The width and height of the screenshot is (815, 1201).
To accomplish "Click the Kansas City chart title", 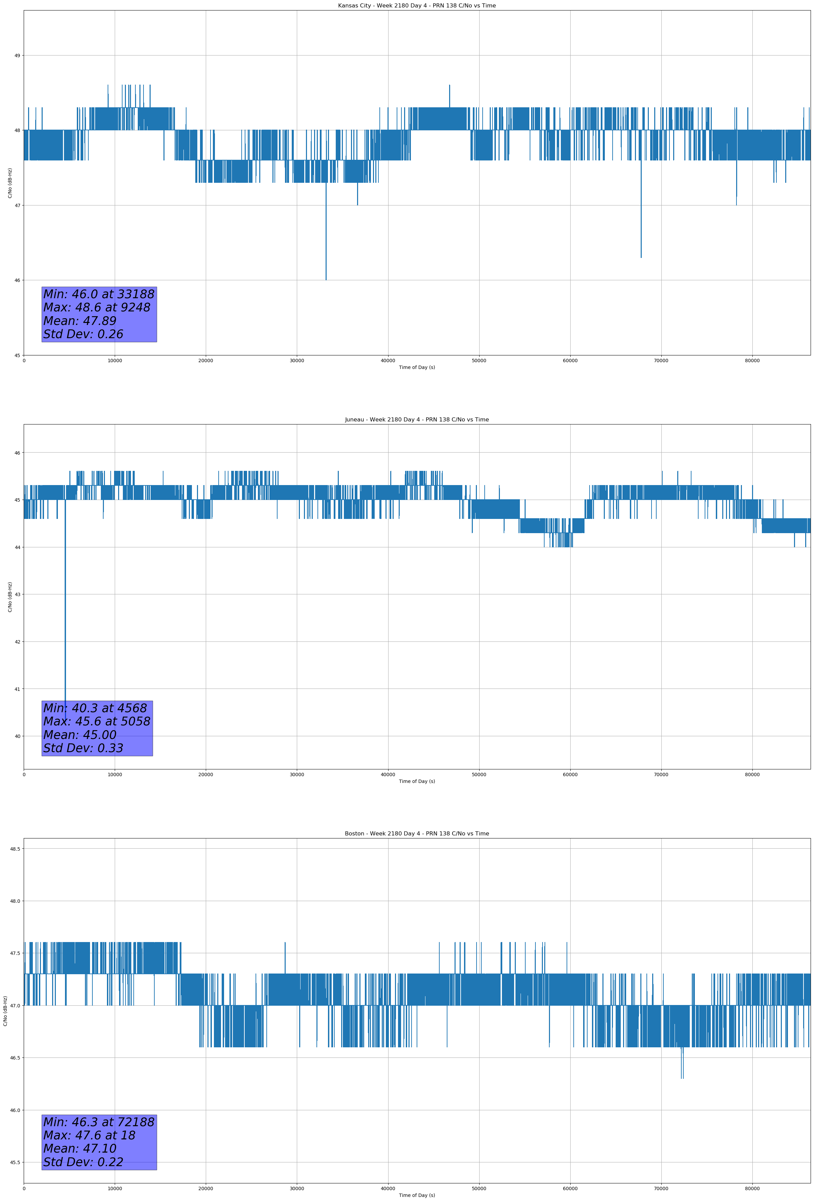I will (417, 6).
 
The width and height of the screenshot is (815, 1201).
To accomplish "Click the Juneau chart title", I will (417, 420).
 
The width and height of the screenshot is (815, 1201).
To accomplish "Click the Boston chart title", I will (417, 834).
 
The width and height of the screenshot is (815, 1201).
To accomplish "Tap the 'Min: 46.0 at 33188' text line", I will (99, 294).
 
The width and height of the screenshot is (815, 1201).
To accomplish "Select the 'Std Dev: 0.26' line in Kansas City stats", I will (83, 334).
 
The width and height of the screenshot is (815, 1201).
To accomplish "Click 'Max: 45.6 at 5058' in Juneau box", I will (97, 721).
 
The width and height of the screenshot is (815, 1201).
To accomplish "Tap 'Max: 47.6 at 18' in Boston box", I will (89, 1135).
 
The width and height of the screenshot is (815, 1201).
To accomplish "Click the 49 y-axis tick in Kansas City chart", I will (17, 55).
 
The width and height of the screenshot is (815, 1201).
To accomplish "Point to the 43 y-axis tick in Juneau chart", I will (17, 594).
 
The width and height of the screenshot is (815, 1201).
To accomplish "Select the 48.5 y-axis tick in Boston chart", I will (15, 849).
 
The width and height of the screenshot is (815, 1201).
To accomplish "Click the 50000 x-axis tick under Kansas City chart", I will (479, 361).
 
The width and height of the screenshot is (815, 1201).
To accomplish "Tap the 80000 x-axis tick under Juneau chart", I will (752, 774).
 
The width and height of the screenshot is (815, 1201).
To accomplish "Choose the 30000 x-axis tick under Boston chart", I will (296, 1188).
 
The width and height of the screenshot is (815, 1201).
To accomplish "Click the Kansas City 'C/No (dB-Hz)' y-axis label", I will (10, 183).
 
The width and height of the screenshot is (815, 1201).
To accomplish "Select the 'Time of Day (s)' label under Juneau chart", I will (417, 781).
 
